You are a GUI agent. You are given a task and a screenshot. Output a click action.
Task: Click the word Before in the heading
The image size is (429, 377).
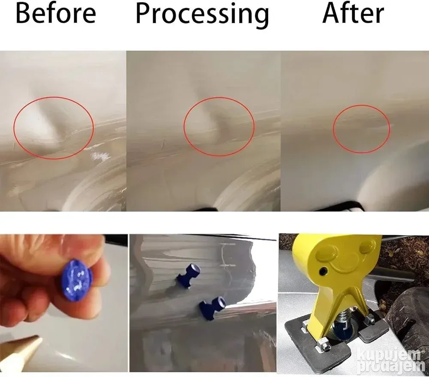pyautogui.click(x=56, y=13)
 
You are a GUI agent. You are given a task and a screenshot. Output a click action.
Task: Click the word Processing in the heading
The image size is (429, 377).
pyautogui.click(x=202, y=15)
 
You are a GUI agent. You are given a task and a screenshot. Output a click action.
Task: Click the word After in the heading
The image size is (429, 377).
pyautogui.click(x=353, y=13)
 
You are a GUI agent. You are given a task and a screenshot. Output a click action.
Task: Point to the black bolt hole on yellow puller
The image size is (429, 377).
pyautogui.click(x=324, y=271)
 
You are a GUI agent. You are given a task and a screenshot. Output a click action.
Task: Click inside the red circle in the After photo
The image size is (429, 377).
pyautogui.click(x=362, y=129)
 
